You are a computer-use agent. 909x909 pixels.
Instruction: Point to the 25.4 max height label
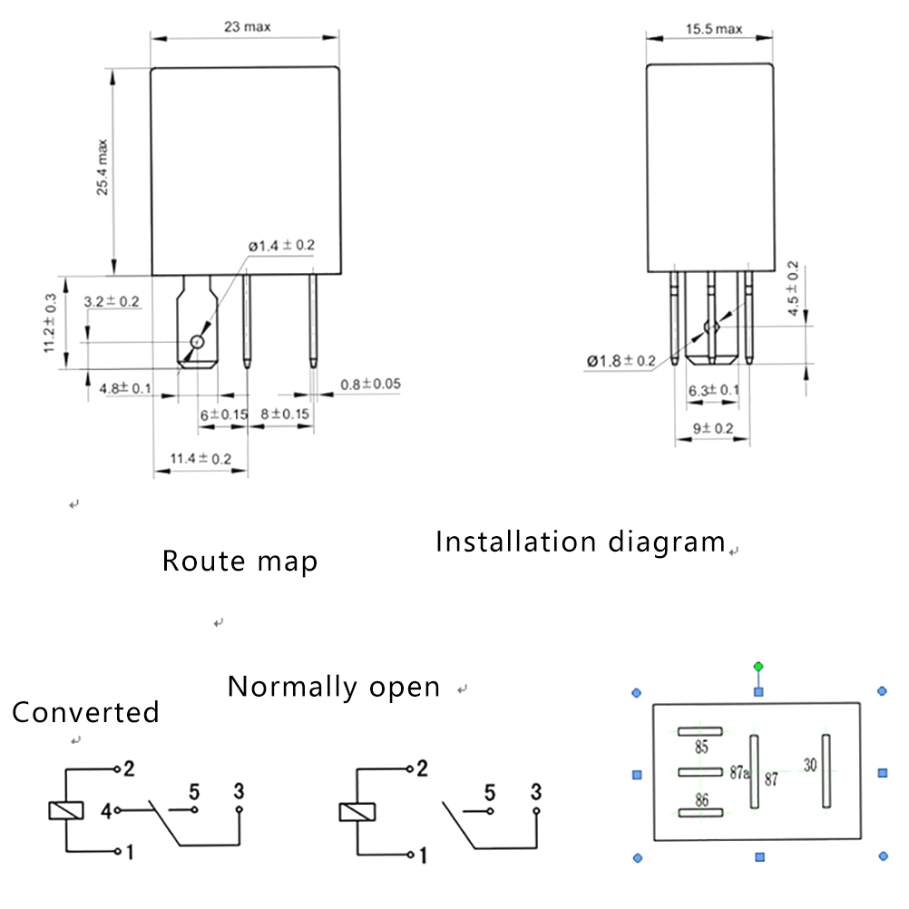tap(103, 167)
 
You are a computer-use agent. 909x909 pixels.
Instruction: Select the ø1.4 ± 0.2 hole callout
tap(281, 246)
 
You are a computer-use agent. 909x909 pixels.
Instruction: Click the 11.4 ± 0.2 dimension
tap(200, 459)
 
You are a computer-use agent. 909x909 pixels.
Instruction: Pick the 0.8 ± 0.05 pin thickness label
tap(370, 384)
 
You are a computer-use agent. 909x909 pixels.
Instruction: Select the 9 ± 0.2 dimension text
tap(712, 428)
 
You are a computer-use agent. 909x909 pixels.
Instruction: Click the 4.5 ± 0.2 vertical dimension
tap(794, 288)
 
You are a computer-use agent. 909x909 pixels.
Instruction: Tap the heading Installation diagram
tap(581, 542)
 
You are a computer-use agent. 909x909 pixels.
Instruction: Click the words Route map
tap(240, 561)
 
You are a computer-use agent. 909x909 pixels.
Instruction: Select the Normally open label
tap(334, 687)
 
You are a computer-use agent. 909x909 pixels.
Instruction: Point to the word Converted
tap(85, 712)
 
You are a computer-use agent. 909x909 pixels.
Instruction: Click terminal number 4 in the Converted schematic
tap(106, 810)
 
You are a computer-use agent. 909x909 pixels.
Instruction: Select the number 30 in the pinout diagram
tap(809, 765)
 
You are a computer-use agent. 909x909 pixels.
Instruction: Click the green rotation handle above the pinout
tap(758, 667)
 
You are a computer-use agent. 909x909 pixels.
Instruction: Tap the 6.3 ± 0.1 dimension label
tap(713, 390)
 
